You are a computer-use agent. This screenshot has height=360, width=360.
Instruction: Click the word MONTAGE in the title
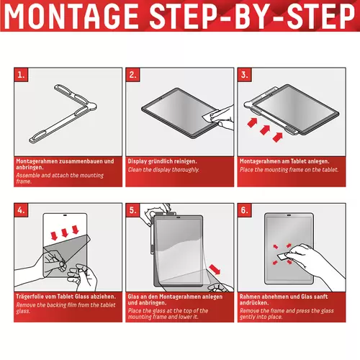tap(71, 16)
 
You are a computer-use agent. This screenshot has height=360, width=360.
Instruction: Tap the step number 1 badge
tap(21, 75)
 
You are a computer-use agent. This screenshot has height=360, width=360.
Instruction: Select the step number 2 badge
tap(132, 75)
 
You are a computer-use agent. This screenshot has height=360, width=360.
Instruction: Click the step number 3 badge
tap(245, 75)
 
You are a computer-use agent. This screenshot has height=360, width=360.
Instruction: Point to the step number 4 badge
tap(21, 210)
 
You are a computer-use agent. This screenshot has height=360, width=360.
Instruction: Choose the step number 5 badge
tap(132, 210)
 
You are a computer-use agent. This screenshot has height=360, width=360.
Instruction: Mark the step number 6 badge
tap(245, 210)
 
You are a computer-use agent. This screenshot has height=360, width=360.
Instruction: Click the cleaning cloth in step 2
tap(211, 116)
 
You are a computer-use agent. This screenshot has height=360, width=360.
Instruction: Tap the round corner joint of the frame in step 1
tap(92, 106)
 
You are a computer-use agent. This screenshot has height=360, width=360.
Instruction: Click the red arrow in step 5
tap(215, 269)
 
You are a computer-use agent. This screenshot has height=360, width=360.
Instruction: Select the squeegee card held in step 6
tap(283, 256)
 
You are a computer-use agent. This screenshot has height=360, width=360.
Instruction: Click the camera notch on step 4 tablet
tap(65, 215)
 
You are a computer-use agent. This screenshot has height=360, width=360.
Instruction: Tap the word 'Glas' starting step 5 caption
tap(133, 297)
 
